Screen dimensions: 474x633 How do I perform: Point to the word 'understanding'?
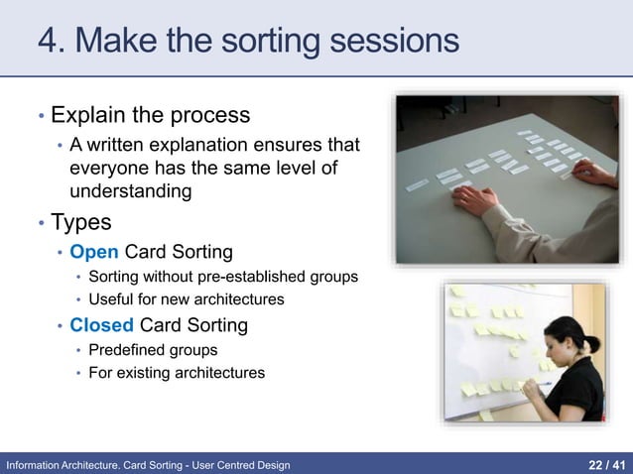pos(130,190)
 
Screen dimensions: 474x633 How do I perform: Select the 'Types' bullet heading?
pos(81,221)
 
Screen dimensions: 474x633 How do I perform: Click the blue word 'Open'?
pos(93,251)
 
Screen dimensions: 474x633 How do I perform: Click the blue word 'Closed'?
pos(101,324)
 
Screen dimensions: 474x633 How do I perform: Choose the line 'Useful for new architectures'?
pos(186,298)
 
